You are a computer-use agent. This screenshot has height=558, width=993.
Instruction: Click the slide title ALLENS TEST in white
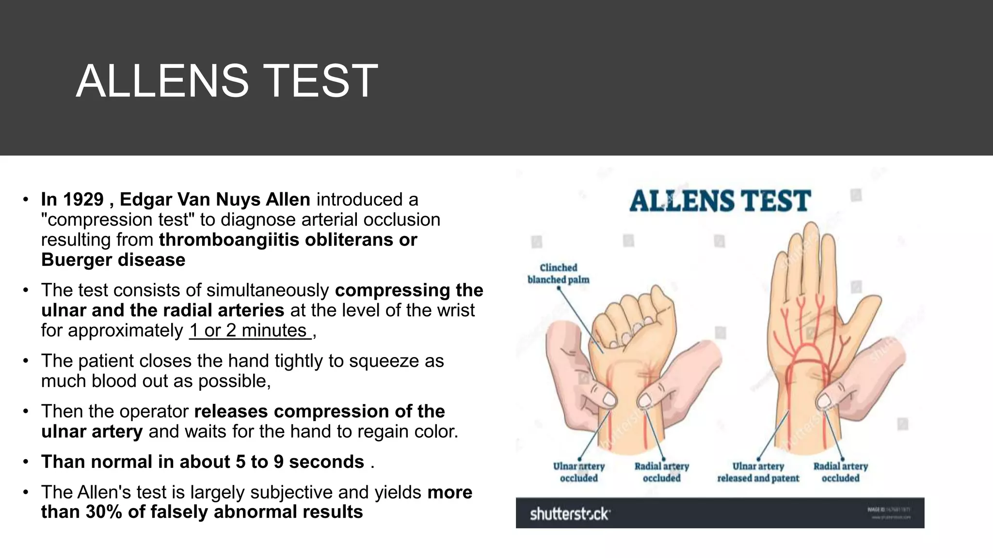coord(226,81)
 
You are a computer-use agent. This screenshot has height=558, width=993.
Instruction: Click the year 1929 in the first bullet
coord(83,200)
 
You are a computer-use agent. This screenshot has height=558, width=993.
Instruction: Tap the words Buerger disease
coord(113,260)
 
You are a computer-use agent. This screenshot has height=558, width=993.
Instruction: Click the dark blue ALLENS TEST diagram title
coord(720,201)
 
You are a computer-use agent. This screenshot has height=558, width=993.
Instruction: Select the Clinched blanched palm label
coord(559,274)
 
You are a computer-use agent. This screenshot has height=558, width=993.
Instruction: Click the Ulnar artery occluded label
coord(579,472)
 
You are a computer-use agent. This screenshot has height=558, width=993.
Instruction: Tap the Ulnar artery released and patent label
coord(758,472)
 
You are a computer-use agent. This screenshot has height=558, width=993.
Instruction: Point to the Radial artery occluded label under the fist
coord(661,472)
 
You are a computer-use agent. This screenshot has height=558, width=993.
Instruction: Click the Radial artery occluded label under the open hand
coord(840,472)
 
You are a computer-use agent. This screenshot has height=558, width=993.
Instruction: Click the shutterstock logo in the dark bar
coord(570,513)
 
